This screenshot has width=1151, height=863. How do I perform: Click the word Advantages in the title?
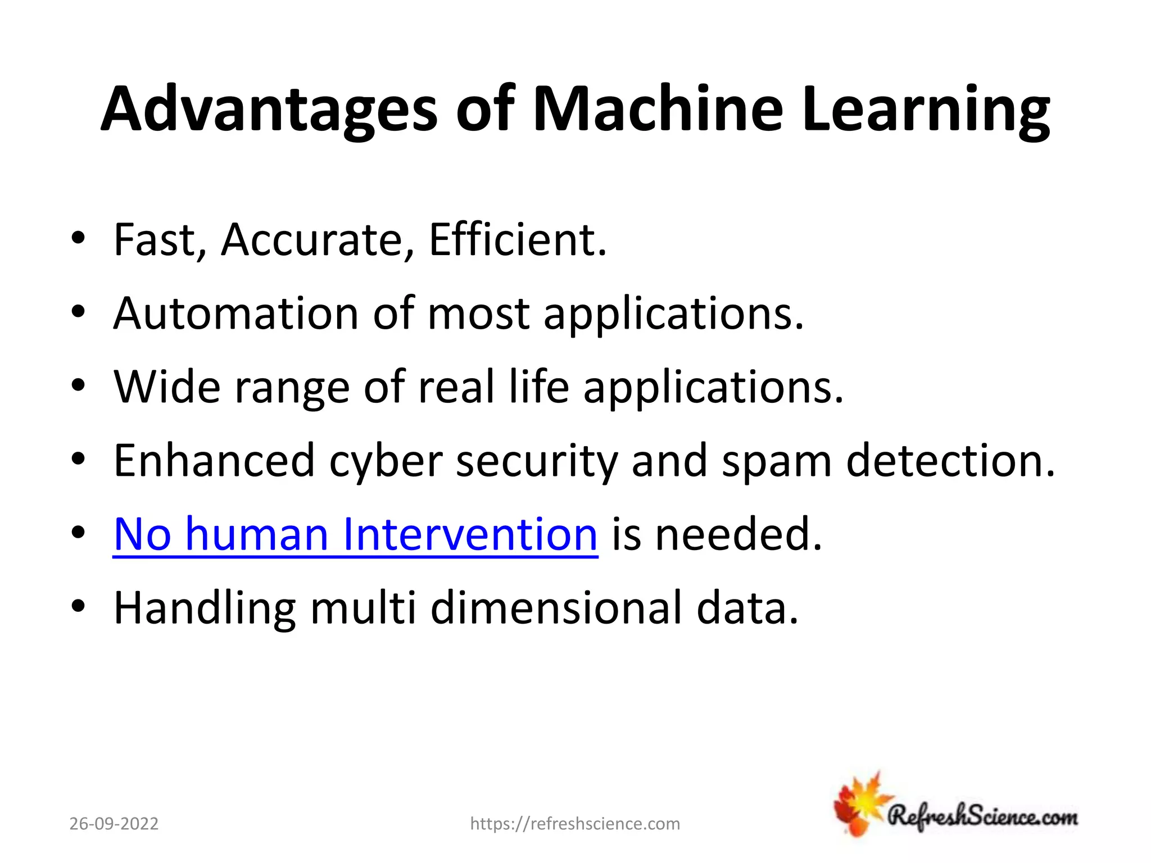269,110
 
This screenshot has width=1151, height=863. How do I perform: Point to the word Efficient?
517,240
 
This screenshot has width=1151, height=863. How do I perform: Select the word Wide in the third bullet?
167,387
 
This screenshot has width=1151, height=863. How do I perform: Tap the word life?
538,387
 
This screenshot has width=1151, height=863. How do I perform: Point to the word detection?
950,461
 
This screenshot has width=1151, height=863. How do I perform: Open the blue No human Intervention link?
355,534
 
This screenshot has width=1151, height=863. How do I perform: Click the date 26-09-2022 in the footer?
114,824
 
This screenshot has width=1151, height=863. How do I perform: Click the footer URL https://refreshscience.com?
575,824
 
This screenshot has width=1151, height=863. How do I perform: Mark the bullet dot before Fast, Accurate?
78,239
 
